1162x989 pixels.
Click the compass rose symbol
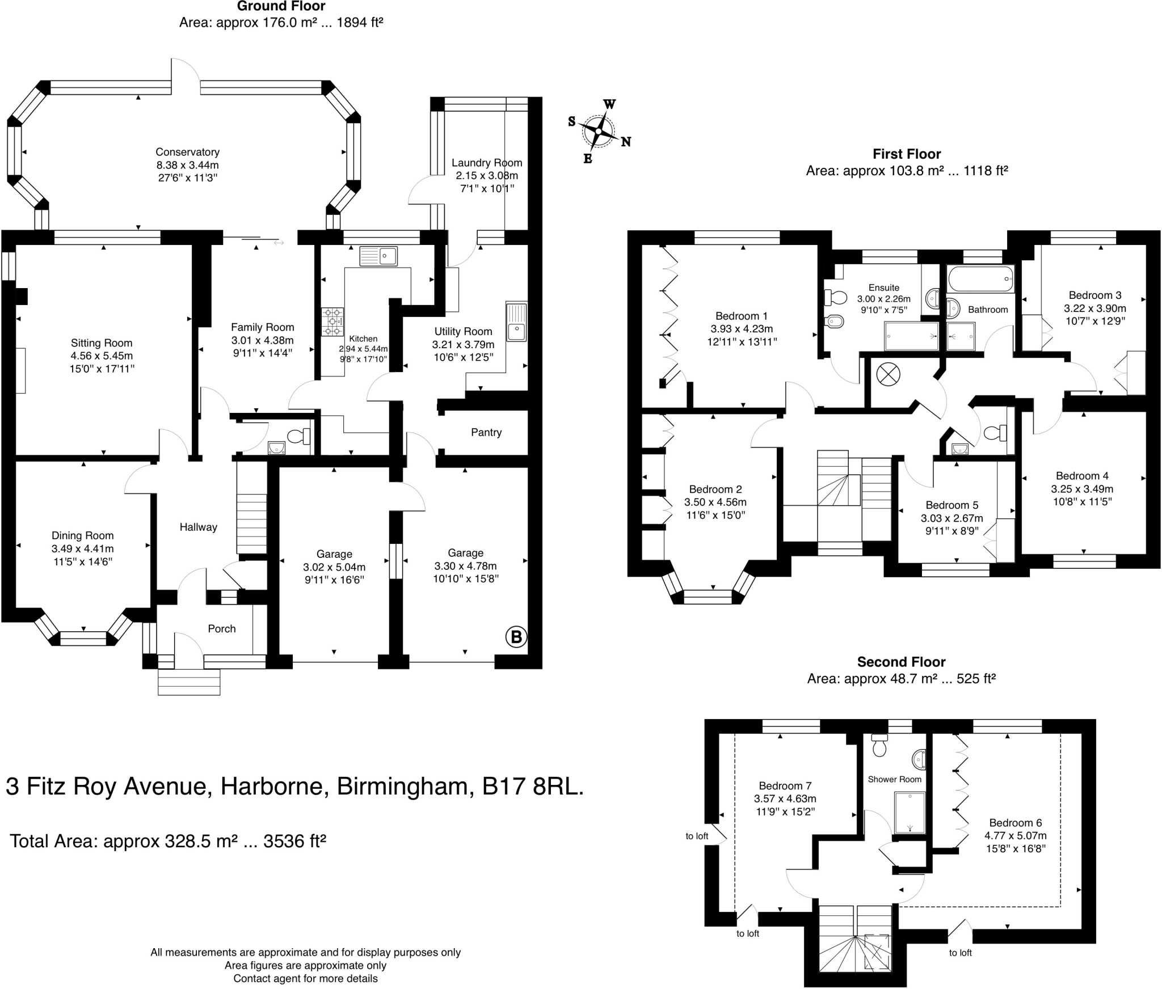(x=599, y=132)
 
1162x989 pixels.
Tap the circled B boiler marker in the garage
(x=516, y=637)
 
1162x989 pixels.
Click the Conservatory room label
(x=187, y=152)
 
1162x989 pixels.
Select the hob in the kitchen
(x=332, y=322)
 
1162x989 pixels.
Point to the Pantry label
(x=486, y=433)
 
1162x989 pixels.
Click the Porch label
(x=221, y=628)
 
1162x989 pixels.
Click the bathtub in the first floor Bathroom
(x=980, y=279)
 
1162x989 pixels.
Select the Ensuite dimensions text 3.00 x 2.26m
(x=883, y=299)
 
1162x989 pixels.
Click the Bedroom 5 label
(x=952, y=505)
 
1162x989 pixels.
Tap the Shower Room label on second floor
(x=894, y=779)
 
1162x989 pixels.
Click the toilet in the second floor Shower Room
(x=879, y=746)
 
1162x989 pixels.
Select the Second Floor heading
(x=901, y=662)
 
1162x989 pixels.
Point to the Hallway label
(x=198, y=527)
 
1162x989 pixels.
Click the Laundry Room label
(x=486, y=163)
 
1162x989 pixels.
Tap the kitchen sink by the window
(x=378, y=256)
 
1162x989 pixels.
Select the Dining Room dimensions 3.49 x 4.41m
(x=82, y=548)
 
